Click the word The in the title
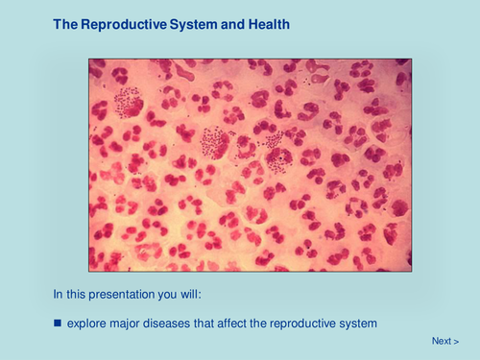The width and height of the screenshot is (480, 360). (x=64, y=23)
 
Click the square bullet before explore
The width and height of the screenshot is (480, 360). (x=58, y=324)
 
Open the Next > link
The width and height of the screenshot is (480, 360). (x=444, y=341)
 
